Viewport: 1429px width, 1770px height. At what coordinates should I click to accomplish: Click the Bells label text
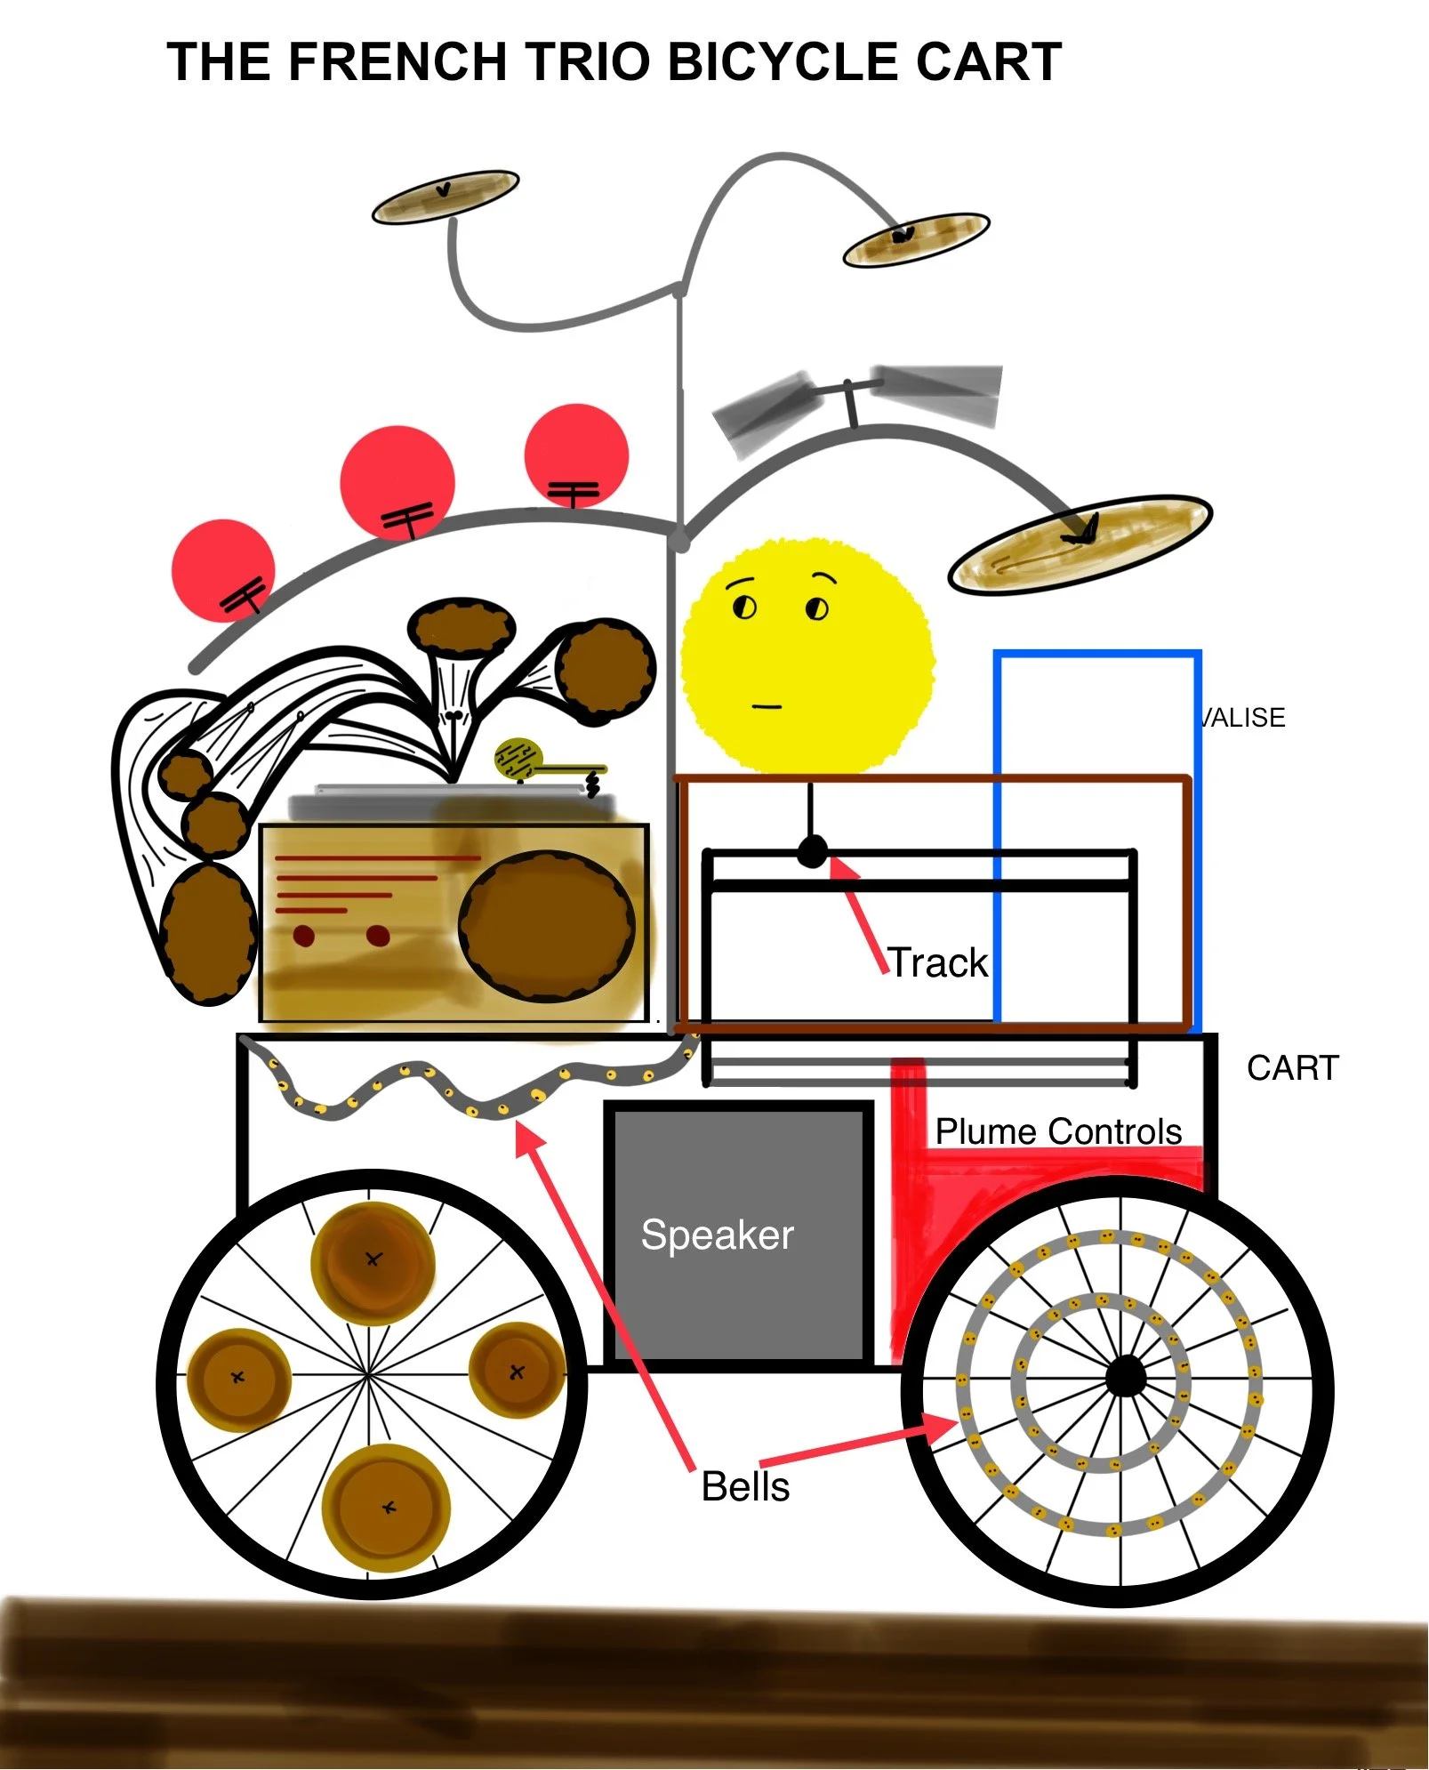[745, 1487]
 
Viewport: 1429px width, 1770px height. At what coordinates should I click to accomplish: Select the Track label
[938, 962]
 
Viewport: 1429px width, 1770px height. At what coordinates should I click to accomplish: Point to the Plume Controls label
[1058, 1131]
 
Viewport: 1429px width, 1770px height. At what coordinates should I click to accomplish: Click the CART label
[1292, 1067]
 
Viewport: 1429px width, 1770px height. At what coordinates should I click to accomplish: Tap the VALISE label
[1242, 718]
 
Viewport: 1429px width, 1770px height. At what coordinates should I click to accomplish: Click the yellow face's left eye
[743, 607]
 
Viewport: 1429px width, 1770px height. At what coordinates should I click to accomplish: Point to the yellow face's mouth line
[766, 707]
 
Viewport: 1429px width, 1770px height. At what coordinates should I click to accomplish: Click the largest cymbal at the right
[1080, 543]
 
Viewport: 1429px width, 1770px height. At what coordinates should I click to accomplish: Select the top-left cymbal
[445, 197]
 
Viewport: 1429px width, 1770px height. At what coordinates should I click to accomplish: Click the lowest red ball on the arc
[222, 569]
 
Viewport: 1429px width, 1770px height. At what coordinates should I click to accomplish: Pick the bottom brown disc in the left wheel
[387, 1508]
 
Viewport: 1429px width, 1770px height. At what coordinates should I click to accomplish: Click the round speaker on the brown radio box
[546, 925]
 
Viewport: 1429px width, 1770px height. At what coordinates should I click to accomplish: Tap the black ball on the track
[811, 851]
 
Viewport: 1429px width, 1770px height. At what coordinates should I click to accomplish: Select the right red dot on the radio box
[378, 936]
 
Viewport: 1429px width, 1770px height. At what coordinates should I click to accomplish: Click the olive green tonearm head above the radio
[518, 759]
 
